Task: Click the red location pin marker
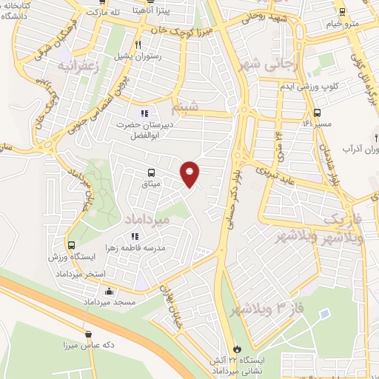click(190, 173)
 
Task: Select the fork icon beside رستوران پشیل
click(138, 44)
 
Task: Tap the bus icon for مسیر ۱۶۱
click(318, 113)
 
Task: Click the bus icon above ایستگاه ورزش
click(72, 245)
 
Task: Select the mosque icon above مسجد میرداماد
click(110, 291)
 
